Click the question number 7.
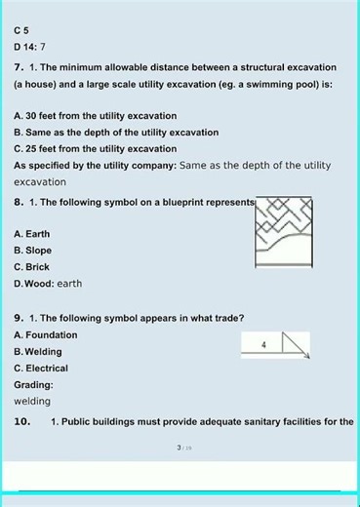pyautogui.click(x=19, y=67)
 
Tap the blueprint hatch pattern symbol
pyautogui.click(x=283, y=232)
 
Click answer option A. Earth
pyautogui.click(x=32, y=234)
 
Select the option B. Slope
pyautogui.click(x=33, y=251)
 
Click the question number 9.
pyautogui.click(x=19, y=318)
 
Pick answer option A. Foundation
pyautogui.click(x=46, y=334)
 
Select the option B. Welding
pyautogui.click(x=38, y=351)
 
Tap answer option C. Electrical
pyautogui.click(x=41, y=368)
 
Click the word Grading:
pyautogui.click(x=34, y=384)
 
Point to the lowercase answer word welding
pyautogui.click(x=32, y=401)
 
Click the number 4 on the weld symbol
pyautogui.click(x=263, y=344)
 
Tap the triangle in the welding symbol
pyautogui.click(x=294, y=344)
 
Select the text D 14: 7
pyautogui.click(x=29, y=47)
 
